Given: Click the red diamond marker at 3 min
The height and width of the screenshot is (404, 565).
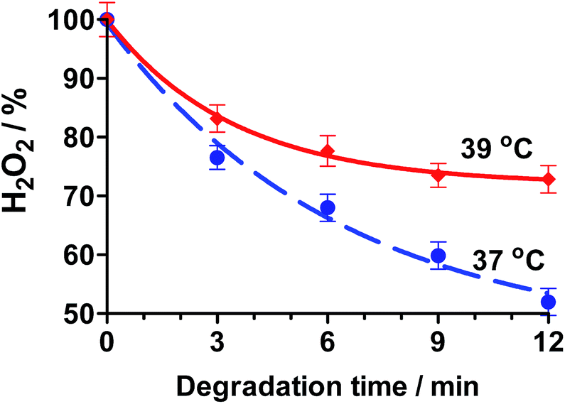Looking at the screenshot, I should (x=217, y=118).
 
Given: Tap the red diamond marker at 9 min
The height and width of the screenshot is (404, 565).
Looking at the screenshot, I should (x=438, y=175).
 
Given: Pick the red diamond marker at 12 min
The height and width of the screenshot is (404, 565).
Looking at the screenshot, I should (x=548, y=180).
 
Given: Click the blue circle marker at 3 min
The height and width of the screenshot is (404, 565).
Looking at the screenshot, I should (x=217, y=158).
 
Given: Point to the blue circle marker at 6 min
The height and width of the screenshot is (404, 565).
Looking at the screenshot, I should (x=328, y=207).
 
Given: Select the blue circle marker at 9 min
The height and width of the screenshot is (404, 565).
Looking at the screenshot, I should (x=438, y=256).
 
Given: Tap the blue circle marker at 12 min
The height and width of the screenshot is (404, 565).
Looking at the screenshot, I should (x=548, y=302).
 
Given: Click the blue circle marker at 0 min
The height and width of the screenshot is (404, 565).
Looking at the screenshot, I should (x=107, y=19).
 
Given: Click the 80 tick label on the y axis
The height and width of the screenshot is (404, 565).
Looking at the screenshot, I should (x=80, y=137).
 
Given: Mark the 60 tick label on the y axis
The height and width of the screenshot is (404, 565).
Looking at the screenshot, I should (x=80, y=255).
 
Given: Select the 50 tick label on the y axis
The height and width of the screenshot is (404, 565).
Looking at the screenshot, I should (x=80, y=313).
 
